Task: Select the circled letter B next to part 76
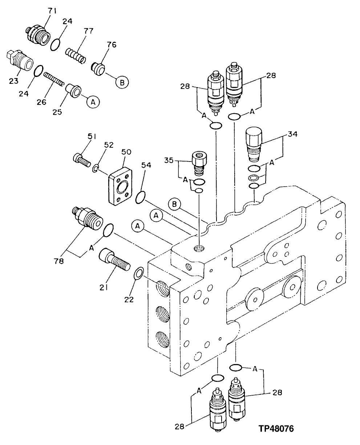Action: click(122, 83)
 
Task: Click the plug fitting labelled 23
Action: click(19, 61)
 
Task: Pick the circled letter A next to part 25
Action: click(93, 102)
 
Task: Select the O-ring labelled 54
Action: click(140, 198)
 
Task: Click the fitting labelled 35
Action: click(198, 163)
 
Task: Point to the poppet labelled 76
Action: click(97, 69)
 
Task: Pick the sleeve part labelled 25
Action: click(74, 90)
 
